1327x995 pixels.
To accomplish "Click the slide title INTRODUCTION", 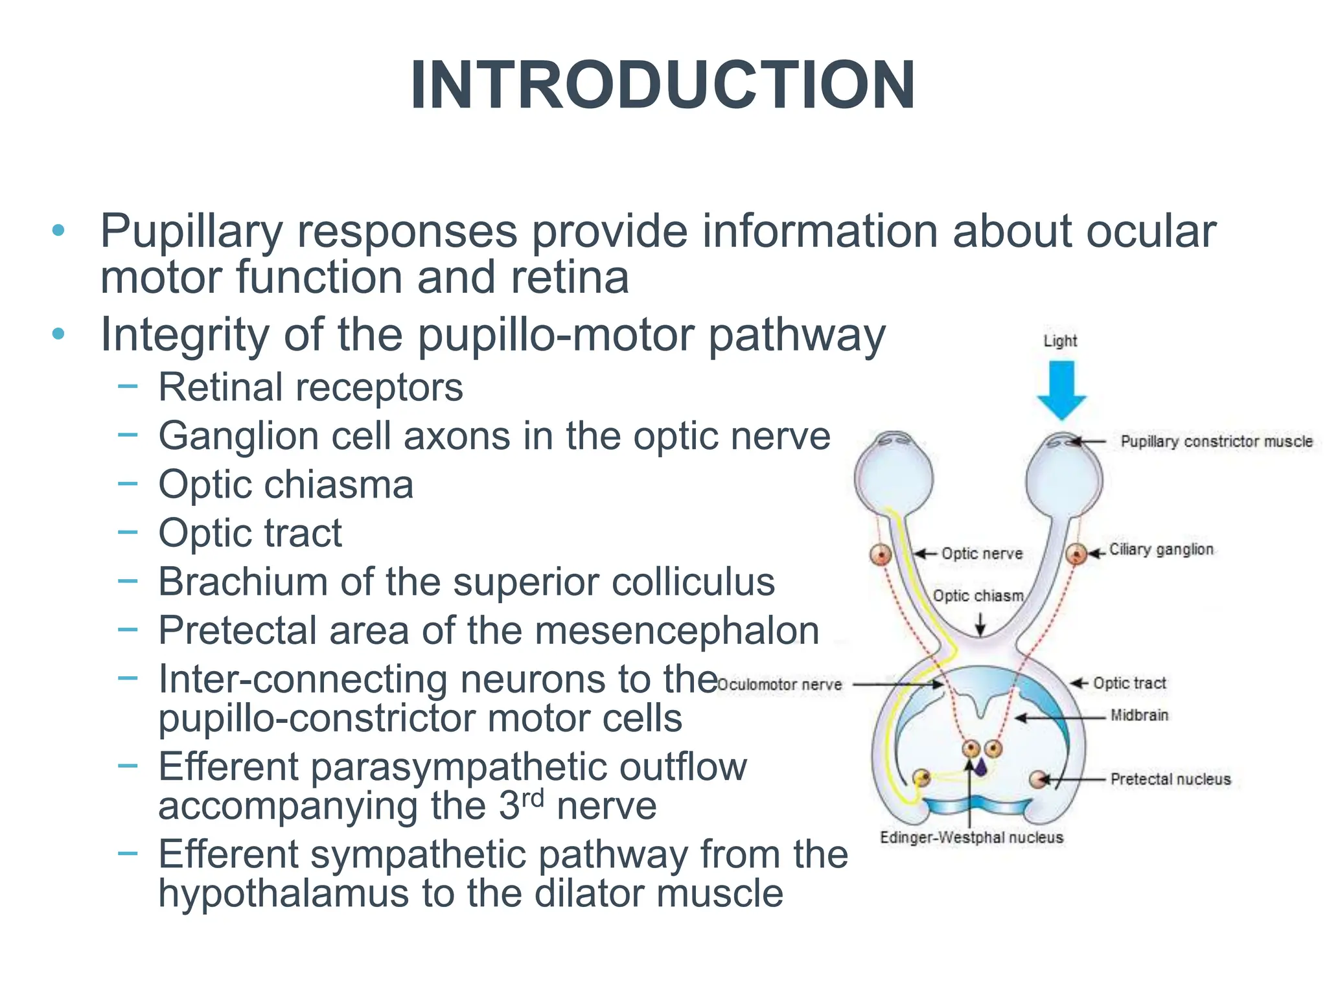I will click(x=662, y=86).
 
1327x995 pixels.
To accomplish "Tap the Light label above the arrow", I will click(x=1060, y=341).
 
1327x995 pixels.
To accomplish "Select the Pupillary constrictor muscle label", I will click(x=1216, y=442).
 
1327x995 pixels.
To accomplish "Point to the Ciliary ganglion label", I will click(x=1161, y=549).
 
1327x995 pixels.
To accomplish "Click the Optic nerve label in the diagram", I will click(x=982, y=554).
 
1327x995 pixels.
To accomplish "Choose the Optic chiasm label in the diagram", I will click(x=978, y=596).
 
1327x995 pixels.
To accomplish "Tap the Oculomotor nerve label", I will click(x=779, y=685).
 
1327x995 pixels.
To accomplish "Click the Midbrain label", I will click(x=1139, y=715).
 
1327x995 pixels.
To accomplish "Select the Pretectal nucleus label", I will click(x=1170, y=779).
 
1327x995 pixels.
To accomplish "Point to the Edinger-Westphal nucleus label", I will click(x=971, y=838).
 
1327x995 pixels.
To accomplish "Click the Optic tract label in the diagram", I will click(x=1129, y=683).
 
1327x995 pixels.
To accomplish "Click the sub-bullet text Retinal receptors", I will click(x=310, y=387).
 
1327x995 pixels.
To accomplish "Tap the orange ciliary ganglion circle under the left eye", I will click(x=881, y=555).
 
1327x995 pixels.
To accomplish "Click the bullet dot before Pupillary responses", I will click(x=58, y=230).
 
